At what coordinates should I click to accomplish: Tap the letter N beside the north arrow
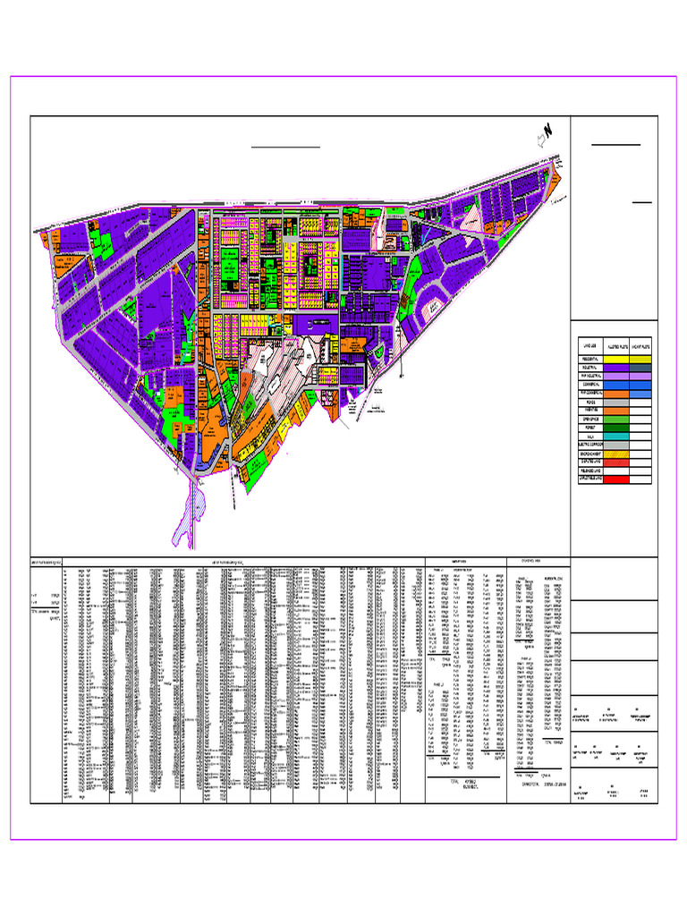point(548,129)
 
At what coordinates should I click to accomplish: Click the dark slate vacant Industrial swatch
point(641,368)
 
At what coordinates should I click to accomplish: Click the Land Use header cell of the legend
point(589,345)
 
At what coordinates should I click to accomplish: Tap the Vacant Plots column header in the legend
point(641,345)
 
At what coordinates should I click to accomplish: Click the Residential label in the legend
point(589,358)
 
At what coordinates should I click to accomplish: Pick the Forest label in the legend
point(589,429)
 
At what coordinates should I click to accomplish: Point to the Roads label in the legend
point(589,399)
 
